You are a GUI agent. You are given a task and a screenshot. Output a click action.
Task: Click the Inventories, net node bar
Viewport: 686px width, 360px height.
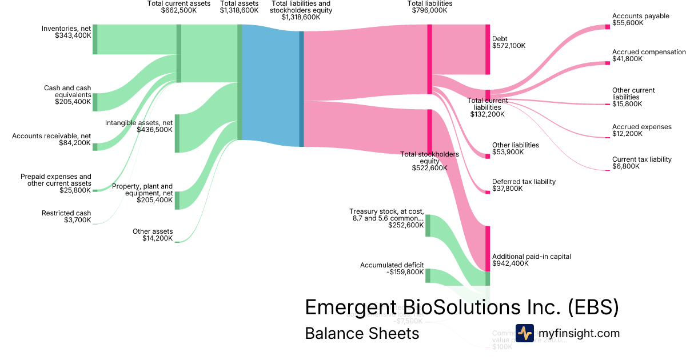point(95,39)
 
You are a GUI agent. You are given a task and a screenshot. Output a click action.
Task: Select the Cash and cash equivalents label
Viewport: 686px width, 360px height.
point(67,91)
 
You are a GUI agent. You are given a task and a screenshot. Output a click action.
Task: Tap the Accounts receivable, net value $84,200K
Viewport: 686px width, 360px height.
point(75,143)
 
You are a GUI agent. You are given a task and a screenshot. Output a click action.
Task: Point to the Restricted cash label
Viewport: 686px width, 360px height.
point(66,213)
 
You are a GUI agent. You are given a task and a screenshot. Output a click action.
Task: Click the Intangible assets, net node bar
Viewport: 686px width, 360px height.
point(177,133)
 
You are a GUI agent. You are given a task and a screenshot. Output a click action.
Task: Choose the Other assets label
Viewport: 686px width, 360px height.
point(153,231)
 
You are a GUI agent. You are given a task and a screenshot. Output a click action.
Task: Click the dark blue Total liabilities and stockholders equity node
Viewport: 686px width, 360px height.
point(301,89)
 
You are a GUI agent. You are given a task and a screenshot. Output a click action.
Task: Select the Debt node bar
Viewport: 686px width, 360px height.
point(488,49)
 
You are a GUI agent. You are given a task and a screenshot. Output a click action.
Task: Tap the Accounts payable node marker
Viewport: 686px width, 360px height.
point(607,26)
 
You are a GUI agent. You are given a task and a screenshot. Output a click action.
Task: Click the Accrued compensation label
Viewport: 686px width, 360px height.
point(649,52)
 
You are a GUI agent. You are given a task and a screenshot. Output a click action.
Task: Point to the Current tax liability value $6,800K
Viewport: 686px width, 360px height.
point(627,166)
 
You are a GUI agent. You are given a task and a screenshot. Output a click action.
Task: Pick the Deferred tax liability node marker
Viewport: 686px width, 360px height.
point(488,192)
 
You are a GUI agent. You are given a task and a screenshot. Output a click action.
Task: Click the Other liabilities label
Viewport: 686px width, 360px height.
point(516,145)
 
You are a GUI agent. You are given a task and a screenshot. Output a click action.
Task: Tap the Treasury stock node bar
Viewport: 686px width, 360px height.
point(428,225)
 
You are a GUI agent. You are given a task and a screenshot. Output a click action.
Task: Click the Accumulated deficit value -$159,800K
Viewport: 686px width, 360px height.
point(406,272)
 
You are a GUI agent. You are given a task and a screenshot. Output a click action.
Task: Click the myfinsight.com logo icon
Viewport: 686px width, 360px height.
point(524,333)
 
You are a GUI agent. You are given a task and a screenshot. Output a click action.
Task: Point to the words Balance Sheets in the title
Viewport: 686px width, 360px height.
point(362,333)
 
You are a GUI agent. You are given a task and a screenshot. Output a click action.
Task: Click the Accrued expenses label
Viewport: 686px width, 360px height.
point(641,127)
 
